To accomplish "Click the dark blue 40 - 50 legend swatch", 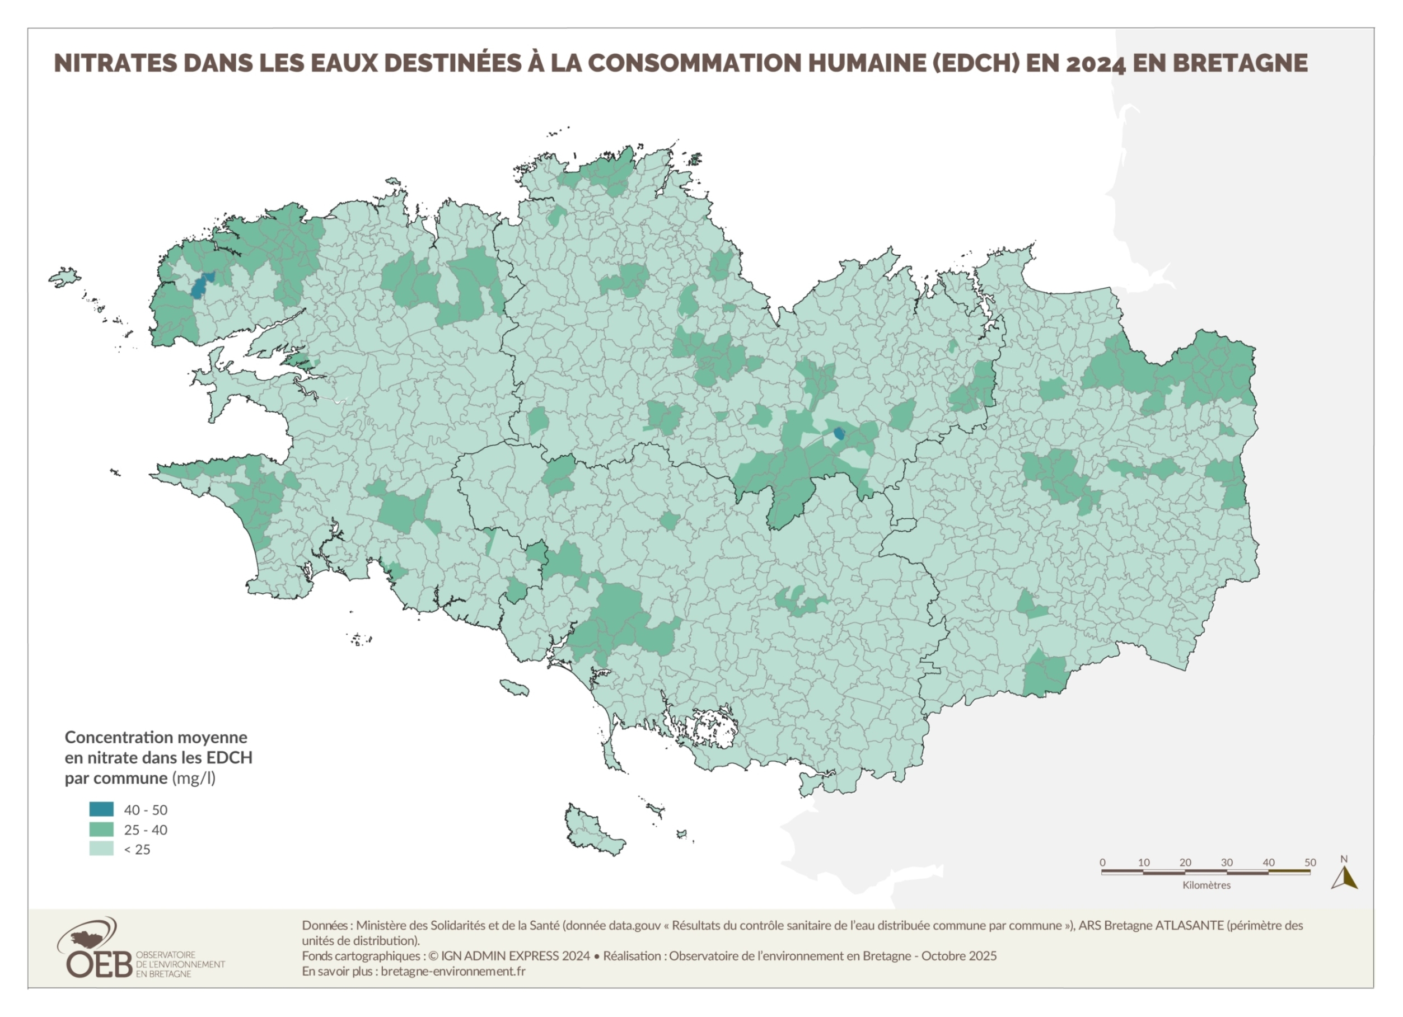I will click(101, 809).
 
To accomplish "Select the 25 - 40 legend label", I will click(146, 829).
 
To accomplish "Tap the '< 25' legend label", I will click(137, 849).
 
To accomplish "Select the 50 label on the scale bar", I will click(1310, 863).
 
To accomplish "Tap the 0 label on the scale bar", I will click(1102, 863).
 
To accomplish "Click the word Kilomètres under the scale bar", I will click(1206, 885).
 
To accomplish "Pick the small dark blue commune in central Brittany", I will click(839, 433).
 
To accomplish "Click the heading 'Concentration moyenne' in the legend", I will click(156, 737).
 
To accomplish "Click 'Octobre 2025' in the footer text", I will click(959, 956).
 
